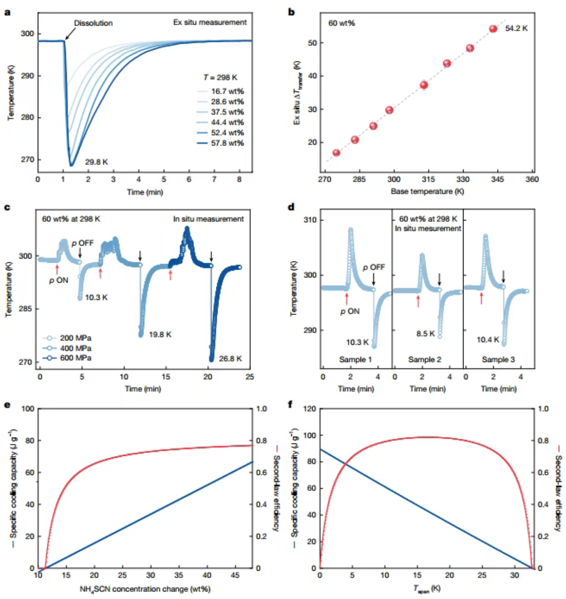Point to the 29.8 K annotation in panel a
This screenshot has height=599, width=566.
coord(97,162)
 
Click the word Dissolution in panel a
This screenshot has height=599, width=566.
coord(93,23)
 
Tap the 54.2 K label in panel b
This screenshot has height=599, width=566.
coord(516,28)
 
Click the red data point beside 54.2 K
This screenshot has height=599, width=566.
coord(493,29)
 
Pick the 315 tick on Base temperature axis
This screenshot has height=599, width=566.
coord(428,179)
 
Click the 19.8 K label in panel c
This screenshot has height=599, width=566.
coord(160,335)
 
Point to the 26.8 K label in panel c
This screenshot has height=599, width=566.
coord(230,359)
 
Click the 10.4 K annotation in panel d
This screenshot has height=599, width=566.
coord(488,340)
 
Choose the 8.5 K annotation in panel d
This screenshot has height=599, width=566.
coord(425,334)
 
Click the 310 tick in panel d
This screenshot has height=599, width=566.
coord(310,220)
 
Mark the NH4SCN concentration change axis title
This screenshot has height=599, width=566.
coord(145,589)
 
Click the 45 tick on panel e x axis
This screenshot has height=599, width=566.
coord(235,575)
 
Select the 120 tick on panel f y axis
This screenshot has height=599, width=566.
coord(310,409)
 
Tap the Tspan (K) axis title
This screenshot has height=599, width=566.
coord(426,589)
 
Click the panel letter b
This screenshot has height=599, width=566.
coord(291,12)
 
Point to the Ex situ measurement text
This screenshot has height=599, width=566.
coord(210,22)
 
